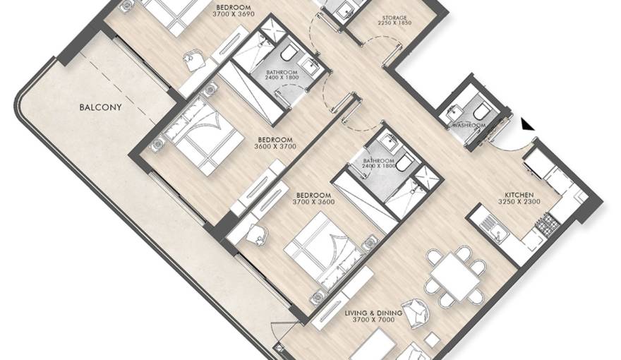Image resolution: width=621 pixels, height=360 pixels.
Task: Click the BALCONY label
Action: coord(100,107)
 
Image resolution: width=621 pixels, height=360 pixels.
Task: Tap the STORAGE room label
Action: coord(394,18)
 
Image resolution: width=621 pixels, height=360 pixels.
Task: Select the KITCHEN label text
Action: coord(519,195)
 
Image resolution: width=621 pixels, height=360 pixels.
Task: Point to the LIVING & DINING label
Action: coord(373,313)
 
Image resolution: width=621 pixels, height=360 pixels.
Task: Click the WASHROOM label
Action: coord(469,126)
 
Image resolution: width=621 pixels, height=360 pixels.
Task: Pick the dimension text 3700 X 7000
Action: coord(373,319)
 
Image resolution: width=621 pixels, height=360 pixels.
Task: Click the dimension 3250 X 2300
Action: coord(519,202)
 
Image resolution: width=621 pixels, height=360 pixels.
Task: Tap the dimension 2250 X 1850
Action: coord(394,23)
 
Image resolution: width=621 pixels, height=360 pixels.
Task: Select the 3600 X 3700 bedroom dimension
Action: coord(275,147)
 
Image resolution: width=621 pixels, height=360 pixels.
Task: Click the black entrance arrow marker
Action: coord(526,124)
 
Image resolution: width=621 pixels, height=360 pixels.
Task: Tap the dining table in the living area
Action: coord(454,275)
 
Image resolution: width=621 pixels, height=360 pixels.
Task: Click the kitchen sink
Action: coord(493,228)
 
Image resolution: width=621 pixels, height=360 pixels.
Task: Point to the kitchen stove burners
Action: coord(548,223)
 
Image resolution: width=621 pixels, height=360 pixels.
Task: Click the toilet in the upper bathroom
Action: coord(290,54)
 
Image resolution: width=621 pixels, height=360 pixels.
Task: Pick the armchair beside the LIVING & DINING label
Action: coord(415,312)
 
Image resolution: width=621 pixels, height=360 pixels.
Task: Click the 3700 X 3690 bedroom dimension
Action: coord(234,14)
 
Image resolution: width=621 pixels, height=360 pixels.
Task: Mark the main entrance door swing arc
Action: coord(513,147)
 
